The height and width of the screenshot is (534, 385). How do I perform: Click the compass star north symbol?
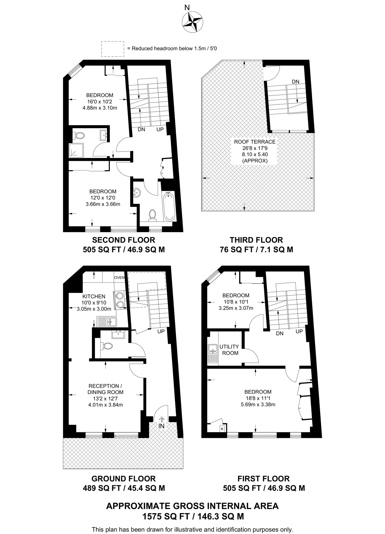[192, 23]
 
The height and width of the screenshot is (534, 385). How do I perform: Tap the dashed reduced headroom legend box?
[112, 49]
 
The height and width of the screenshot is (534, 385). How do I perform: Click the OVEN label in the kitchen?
[119, 277]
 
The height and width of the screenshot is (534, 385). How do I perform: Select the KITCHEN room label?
[94, 296]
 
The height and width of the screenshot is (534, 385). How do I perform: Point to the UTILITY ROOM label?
[229, 350]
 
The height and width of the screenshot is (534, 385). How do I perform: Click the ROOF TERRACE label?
[255, 142]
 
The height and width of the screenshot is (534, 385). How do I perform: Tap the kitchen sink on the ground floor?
[107, 322]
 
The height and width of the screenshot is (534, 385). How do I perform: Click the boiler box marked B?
[222, 429]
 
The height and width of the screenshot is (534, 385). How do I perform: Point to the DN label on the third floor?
[295, 82]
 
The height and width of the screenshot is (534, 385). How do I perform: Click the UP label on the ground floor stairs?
[161, 331]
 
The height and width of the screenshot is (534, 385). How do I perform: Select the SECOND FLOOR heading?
[124, 240]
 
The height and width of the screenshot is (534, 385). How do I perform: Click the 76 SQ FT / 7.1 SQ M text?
[256, 250]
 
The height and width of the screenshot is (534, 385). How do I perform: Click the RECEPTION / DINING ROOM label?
[105, 389]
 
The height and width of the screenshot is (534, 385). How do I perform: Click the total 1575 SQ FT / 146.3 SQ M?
[193, 516]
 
